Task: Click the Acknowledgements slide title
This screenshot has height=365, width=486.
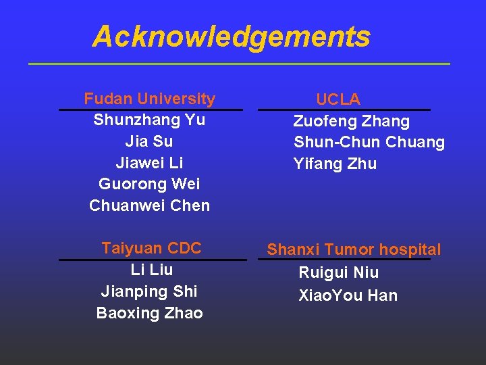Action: [x=231, y=36]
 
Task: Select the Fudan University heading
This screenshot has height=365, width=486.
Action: [x=149, y=99]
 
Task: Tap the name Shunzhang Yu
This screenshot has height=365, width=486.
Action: [x=149, y=120]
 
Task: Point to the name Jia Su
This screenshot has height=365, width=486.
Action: [x=149, y=141]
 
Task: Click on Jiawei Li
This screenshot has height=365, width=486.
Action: [x=149, y=163]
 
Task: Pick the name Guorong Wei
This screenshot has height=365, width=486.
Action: [x=149, y=184]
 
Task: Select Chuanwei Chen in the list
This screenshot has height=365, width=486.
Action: [x=149, y=205]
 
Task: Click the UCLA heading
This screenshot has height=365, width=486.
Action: [x=338, y=100]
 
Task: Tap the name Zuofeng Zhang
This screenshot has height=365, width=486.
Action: [x=351, y=122]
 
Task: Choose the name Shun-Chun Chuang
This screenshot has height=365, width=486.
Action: [x=369, y=143]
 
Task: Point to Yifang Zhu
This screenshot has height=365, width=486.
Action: [x=335, y=164]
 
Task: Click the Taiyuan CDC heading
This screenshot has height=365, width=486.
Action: [x=151, y=248]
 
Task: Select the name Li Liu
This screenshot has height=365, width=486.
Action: [x=151, y=270]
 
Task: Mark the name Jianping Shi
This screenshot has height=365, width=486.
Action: [x=149, y=291]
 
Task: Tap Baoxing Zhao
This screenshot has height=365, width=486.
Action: [x=149, y=313]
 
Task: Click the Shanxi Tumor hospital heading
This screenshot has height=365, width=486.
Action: [x=354, y=250]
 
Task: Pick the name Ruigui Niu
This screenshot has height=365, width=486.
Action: [x=338, y=273]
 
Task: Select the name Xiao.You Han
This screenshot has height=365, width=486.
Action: [x=348, y=295]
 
